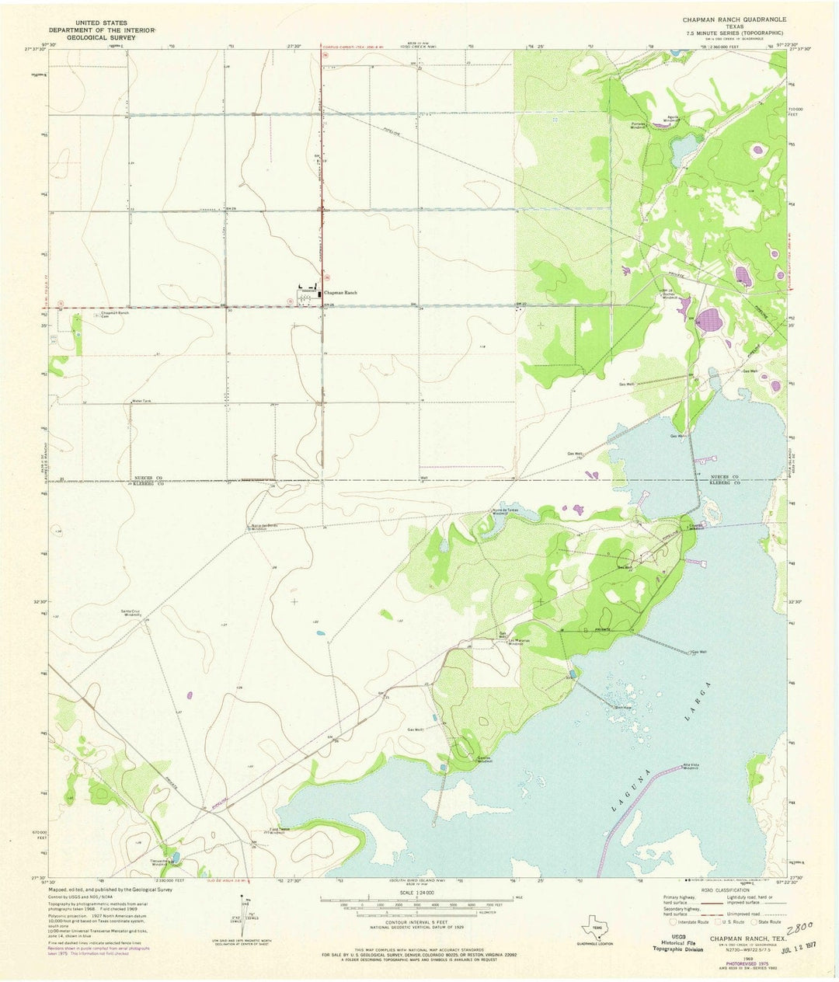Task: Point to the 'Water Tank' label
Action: click(x=141, y=401)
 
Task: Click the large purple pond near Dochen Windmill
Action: click(x=708, y=318)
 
